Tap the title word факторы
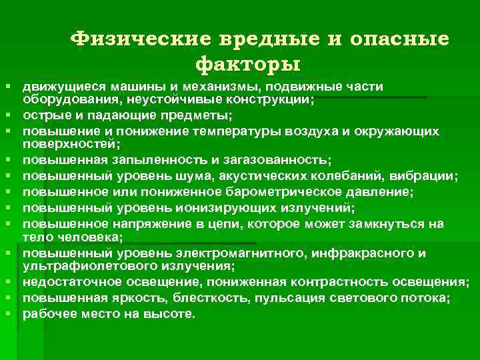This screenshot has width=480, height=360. point(247,65)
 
